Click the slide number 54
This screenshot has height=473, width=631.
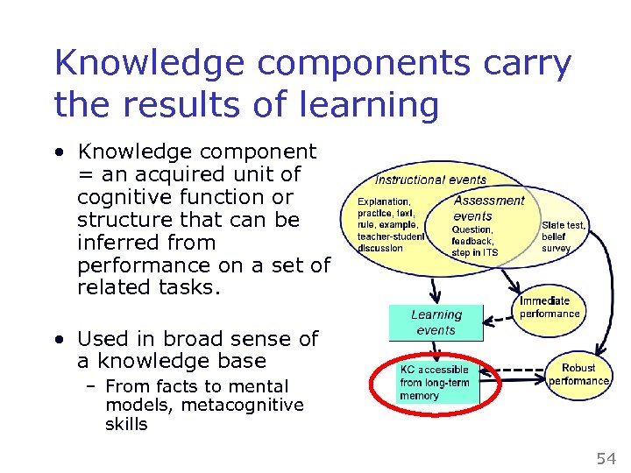click(x=606, y=458)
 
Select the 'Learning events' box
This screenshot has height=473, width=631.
click(x=436, y=322)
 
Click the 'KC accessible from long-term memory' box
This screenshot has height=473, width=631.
click(x=435, y=383)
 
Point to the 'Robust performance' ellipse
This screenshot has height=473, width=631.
click(x=578, y=375)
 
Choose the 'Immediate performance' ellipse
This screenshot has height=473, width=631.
click(x=549, y=307)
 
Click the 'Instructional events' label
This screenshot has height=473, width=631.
click(x=430, y=180)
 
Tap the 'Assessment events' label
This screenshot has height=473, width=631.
click(x=488, y=208)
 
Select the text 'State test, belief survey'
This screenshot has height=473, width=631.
click(x=564, y=236)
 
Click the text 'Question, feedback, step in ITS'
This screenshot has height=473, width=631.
click(x=474, y=241)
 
